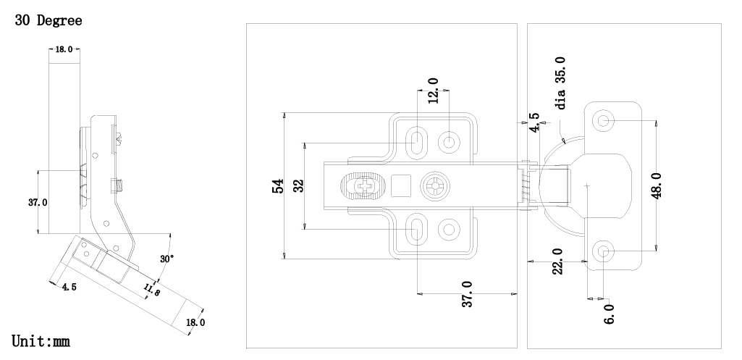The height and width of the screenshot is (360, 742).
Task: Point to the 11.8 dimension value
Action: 152,290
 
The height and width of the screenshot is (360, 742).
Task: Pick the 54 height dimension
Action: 277,187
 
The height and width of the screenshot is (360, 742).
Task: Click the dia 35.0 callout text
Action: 560,83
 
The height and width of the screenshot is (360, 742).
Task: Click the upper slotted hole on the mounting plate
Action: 417,141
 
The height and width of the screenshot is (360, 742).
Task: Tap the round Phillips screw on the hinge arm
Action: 437,186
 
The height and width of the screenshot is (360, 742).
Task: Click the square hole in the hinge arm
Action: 401,186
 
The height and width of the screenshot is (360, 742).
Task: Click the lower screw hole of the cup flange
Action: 604,251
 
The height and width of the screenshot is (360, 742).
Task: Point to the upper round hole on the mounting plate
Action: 450,141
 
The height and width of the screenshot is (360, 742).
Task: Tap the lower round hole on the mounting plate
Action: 450,230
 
